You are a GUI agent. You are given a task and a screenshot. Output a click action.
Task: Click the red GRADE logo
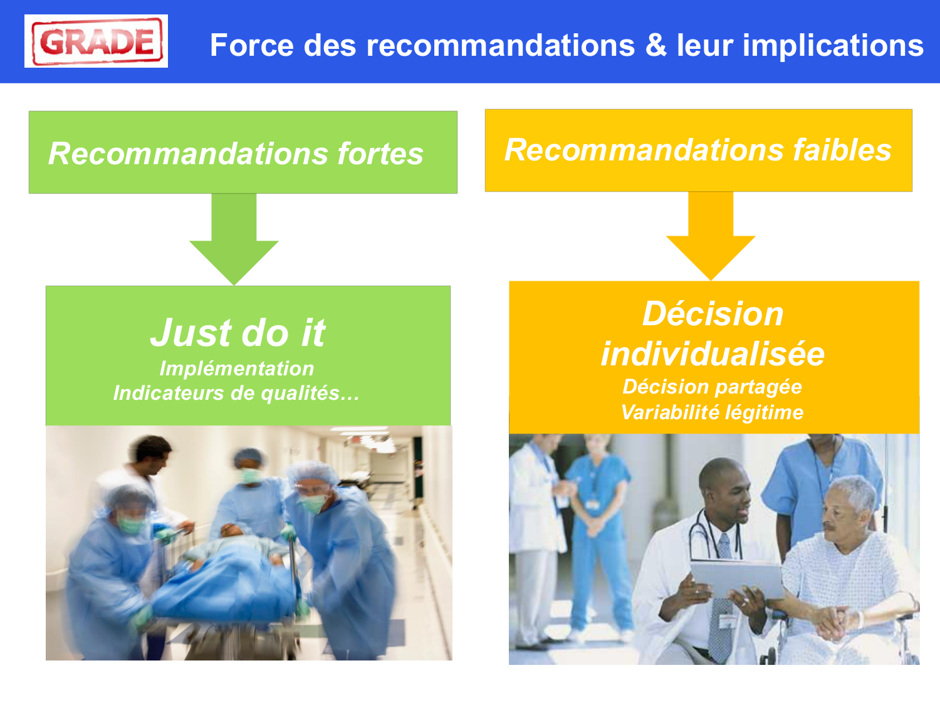[97, 41]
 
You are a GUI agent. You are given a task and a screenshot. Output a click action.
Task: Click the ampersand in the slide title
[655, 44]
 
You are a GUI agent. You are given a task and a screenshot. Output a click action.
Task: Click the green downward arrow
[234, 239]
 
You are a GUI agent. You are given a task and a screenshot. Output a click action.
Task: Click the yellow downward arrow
[711, 236]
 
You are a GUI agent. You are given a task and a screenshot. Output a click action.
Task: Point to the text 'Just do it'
[238, 332]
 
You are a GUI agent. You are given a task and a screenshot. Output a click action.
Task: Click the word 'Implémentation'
[237, 368]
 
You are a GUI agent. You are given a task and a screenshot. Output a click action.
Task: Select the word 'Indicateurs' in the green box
[169, 393]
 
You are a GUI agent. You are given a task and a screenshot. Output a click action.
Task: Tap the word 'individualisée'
[713, 354]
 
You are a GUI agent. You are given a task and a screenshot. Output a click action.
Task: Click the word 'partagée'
[758, 387]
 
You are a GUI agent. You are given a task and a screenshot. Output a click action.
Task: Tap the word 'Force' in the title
[252, 45]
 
